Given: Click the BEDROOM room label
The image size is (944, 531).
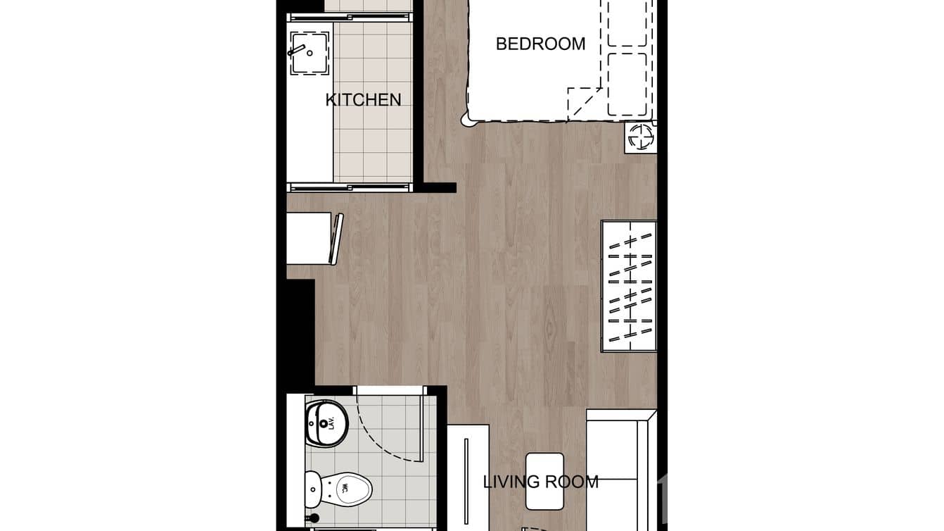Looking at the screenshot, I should pos(540,44).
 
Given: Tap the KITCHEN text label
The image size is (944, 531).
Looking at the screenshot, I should pos(363,100).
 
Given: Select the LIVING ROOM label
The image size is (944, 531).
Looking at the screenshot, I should pos(540,482).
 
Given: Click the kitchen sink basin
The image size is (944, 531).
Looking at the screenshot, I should pos(310,53).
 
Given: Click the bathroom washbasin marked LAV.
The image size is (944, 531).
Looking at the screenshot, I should pos(326,423).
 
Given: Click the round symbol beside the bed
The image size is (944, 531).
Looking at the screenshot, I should pos(641,137).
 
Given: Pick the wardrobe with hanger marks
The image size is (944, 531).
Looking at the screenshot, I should pos(629,286).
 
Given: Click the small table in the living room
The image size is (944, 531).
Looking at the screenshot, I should pos(544,481).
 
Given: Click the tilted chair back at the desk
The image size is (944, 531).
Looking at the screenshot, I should pos(337,239).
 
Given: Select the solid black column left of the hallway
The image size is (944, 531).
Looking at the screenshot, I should pos(300,331).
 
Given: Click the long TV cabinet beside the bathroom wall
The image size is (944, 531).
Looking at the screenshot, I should pos(468,479).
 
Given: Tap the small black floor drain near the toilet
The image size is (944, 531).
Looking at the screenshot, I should pos(314,518).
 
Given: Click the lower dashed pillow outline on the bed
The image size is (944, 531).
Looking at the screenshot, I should pos(627,85).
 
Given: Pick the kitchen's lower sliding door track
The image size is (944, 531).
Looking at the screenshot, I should pos(349,187).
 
